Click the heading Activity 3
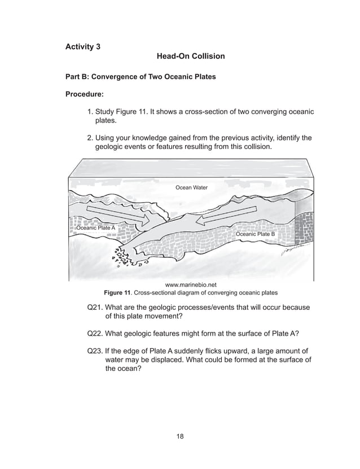coord(84,46)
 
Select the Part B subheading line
coord(141,76)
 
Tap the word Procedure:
coord(85,95)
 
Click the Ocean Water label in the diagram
coord(192,187)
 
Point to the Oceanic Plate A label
coord(96,228)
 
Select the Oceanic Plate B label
coord(255,234)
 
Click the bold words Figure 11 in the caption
coord(117,293)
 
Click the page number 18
coord(180,436)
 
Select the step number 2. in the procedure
coord(90,138)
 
